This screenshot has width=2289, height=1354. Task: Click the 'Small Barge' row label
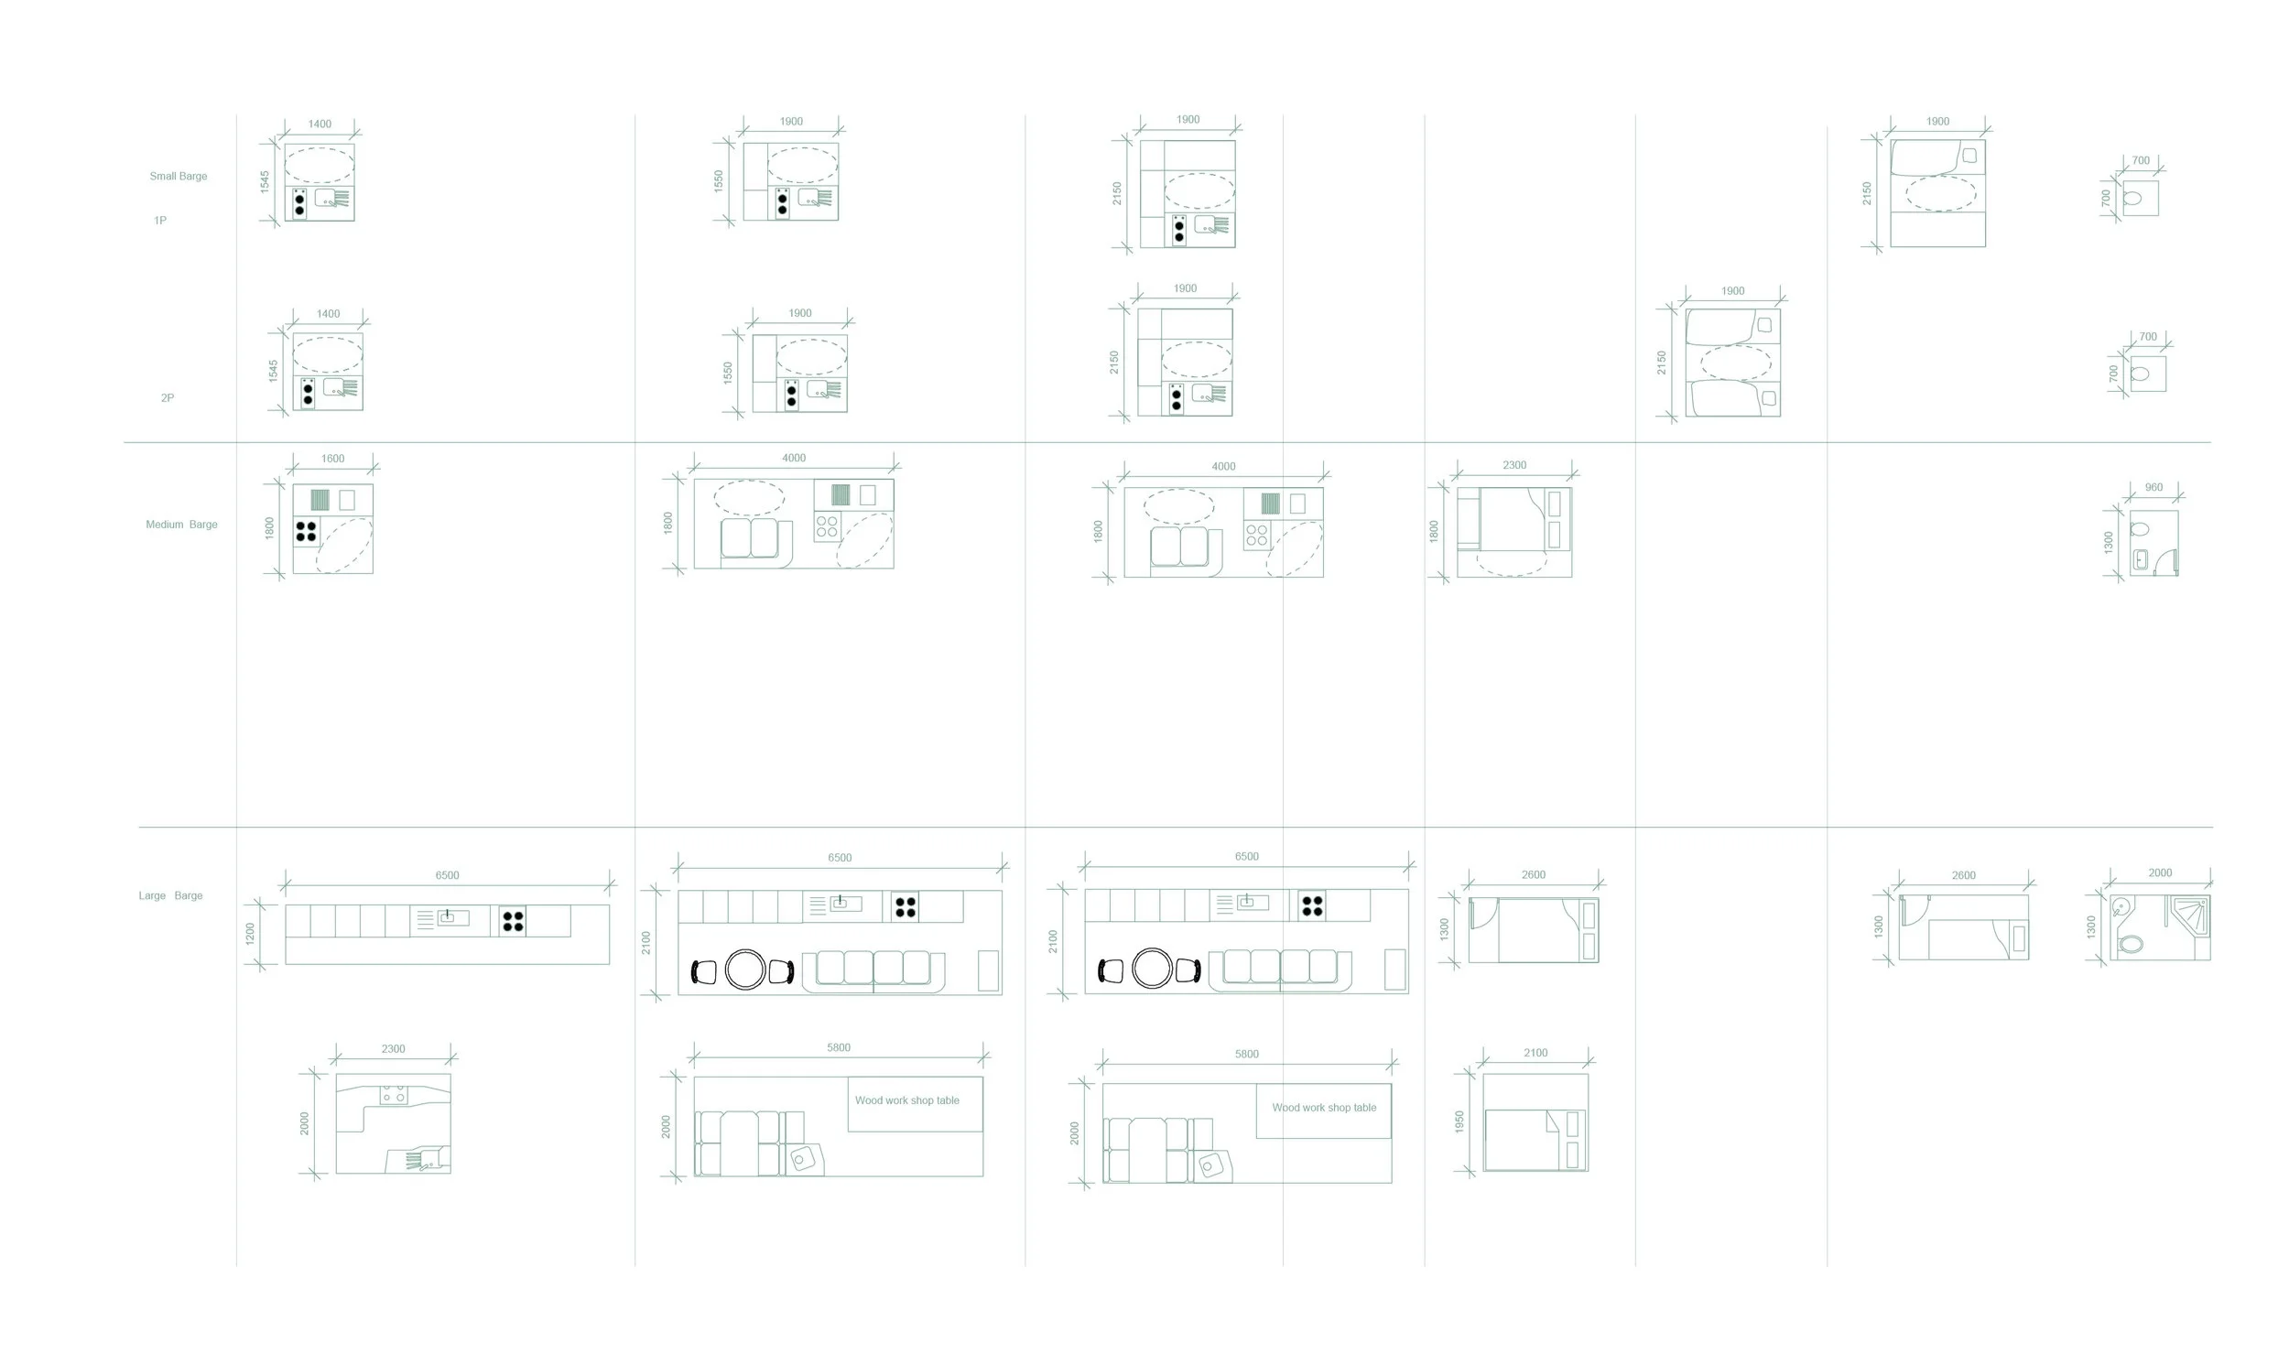pos(179,176)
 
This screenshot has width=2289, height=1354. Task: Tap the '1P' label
pos(160,221)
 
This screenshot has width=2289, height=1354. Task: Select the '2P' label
pos(168,398)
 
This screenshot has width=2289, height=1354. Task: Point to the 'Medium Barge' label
pos(181,525)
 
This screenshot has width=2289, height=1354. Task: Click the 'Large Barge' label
pos(170,895)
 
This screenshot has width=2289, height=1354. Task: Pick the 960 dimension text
pos(2153,488)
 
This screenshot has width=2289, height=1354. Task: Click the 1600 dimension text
pos(332,459)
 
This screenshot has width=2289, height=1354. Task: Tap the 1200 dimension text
pos(250,934)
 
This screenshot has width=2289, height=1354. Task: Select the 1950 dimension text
pos(1459,1122)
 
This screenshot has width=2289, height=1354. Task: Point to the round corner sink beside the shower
pos(2121,908)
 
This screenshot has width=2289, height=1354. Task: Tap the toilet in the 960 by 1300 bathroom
pos(2140,529)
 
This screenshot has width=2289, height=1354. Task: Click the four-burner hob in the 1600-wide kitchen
pos(306,531)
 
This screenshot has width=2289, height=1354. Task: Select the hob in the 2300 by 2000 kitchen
pos(394,1094)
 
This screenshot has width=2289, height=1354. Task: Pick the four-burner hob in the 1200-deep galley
pos(513,920)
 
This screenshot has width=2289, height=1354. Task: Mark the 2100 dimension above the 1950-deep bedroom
pos(1535,1053)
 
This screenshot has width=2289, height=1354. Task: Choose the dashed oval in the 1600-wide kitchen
pos(344,546)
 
